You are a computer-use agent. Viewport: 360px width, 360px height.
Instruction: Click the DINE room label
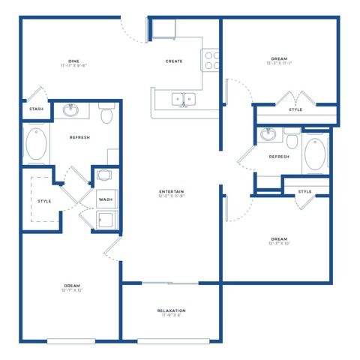click(x=73, y=60)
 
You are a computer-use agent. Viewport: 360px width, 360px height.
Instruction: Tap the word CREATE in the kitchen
click(x=174, y=61)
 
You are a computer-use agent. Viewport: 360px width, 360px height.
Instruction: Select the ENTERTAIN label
click(x=172, y=191)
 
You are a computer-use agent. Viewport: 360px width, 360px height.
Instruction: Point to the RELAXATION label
click(x=172, y=310)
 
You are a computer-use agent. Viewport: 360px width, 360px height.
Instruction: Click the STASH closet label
click(x=36, y=109)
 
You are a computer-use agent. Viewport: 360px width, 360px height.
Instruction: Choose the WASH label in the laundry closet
click(x=105, y=199)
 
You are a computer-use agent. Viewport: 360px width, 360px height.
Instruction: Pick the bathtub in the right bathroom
click(x=316, y=155)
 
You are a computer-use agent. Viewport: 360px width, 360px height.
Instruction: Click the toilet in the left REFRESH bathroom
click(x=106, y=115)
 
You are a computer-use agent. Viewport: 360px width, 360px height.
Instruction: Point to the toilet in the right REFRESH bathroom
click(x=291, y=139)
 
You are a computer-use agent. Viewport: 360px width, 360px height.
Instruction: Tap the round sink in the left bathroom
click(x=71, y=112)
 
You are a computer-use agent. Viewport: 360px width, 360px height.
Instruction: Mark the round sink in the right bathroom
click(x=269, y=135)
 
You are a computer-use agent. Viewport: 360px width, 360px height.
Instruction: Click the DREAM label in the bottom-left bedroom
click(x=72, y=285)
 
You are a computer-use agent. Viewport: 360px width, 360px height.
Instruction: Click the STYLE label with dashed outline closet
click(x=44, y=201)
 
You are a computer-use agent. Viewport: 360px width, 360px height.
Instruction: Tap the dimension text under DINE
click(x=73, y=66)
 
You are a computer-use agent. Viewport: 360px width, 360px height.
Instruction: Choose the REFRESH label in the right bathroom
click(x=279, y=156)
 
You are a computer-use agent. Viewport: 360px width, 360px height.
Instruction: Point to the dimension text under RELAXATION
click(x=172, y=316)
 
